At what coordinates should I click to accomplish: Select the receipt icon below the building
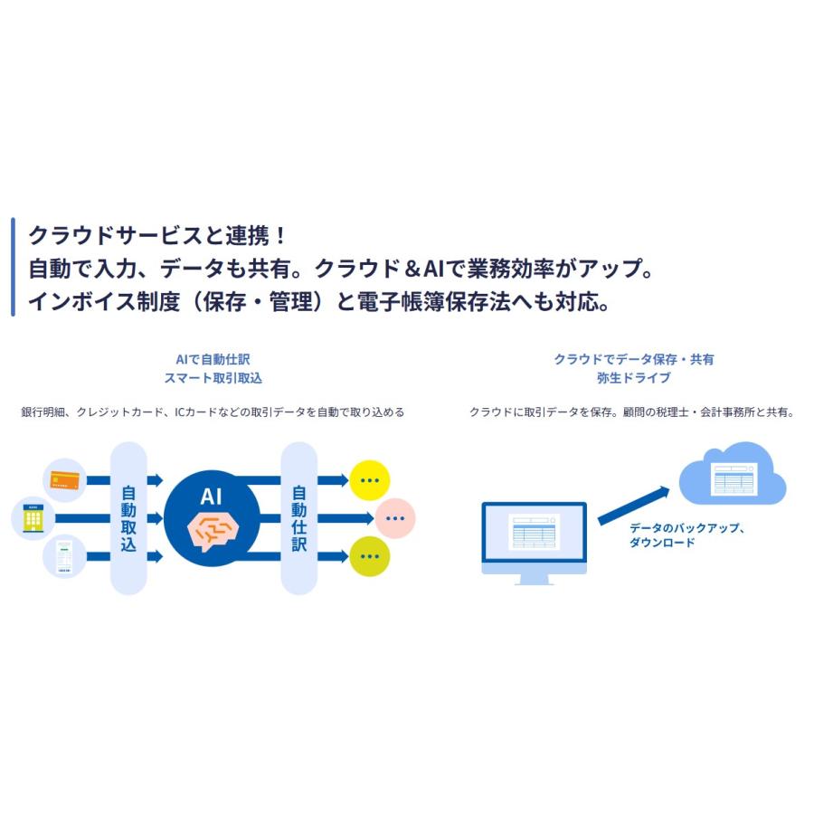pos(64,557)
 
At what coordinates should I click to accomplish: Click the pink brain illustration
pos(211,530)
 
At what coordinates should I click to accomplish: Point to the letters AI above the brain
pos(211,495)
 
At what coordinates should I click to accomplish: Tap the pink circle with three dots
pos(395,518)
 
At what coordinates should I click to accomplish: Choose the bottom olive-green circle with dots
pos(369,556)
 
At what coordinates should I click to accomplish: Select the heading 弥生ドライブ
pos(633,377)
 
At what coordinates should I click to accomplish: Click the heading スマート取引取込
pos(213,377)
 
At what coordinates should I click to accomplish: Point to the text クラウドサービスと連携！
pos(157,236)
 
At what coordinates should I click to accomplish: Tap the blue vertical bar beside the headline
pos(13,268)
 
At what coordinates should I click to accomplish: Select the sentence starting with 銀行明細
pos(213,412)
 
